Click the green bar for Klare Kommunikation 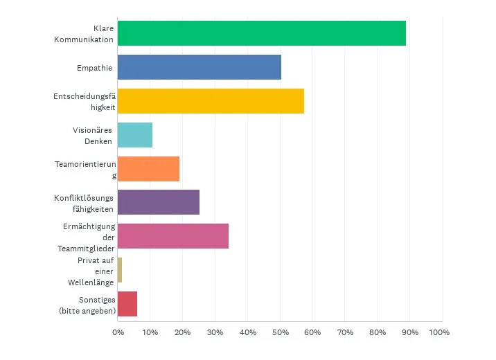pos(262,33)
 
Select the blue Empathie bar pos(200,67)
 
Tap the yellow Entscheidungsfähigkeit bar pos(211,100)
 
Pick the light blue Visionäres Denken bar pos(135,134)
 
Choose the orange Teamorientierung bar pos(148,168)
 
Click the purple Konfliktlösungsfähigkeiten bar pos(159,202)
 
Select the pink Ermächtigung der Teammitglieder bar pos(173,236)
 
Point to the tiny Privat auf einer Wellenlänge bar pos(120,270)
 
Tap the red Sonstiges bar pos(127,304)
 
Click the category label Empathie pos(95,67)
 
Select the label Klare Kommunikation pos(84,34)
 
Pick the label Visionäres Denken pos(93,135)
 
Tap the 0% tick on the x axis pos(118,332)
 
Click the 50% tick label pos(279,332)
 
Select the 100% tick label pos(439,332)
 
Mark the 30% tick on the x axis pos(215,332)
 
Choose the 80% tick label pos(377,332)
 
